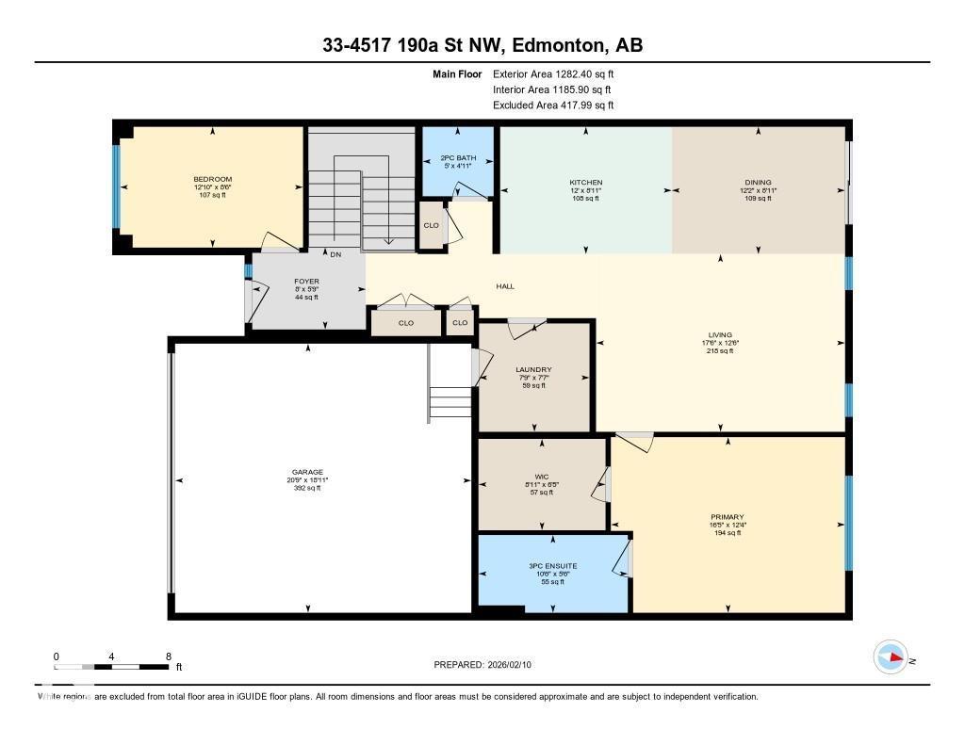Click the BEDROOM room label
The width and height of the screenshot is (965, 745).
[x=212, y=179]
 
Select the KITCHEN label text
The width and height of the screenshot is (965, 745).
[x=585, y=183]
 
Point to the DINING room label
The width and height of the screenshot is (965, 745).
[x=758, y=183]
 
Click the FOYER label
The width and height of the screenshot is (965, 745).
[x=306, y=281]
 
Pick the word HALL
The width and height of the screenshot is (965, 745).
[x=505, y=286]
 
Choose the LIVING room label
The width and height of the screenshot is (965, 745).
[x=720, y=333]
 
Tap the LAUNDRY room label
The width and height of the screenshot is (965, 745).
[x=533, y=369]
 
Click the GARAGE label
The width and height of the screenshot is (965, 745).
[x=307, y=472]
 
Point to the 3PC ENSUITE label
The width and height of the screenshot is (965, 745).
[x=553, y=566]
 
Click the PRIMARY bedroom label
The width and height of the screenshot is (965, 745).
[x=728, y=516]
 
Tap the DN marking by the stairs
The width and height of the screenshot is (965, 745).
[x=335, y=254]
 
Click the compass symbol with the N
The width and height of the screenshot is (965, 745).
[x=891, y=656]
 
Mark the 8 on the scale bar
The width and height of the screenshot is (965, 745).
[x=168, y=656]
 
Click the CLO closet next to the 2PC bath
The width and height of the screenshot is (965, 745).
[x=432, y=225]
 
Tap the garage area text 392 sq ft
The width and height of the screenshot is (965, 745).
[x=307, y=488]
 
